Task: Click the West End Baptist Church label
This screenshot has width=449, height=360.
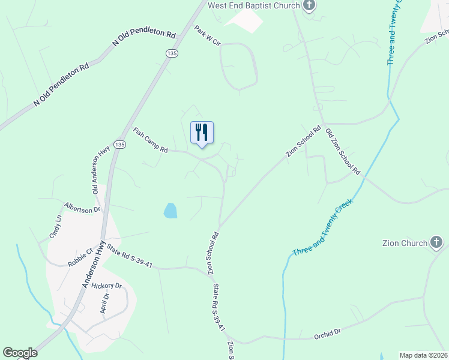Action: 253,5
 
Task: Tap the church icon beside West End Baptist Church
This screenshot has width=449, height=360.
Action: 309,6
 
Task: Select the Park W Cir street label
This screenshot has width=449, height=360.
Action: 208,36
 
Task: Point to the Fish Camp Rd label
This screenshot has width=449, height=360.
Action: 150,140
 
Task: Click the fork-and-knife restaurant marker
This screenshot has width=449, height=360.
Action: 202,132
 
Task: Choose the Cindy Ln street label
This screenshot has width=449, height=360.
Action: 58,227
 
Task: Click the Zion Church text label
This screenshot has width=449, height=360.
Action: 405,243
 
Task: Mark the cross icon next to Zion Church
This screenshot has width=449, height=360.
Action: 436,243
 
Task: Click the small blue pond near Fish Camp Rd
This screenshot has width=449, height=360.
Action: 170,210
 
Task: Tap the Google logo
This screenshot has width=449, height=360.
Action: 20,353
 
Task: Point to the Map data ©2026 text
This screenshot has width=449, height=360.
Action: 423,355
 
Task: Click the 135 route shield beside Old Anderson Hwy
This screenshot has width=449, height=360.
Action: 119,145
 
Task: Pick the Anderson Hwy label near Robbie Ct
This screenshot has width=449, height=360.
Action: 94,265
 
